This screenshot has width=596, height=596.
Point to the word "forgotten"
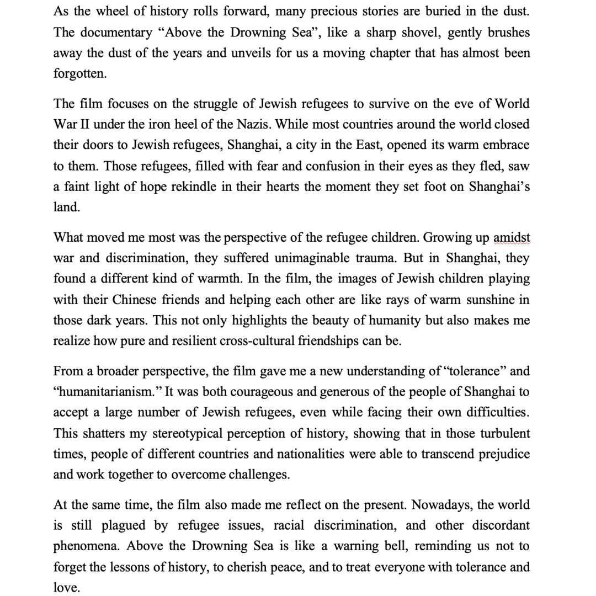coord(79,74)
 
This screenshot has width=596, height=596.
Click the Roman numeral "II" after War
coord(82,125)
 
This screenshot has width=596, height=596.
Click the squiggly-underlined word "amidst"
coord(512,238)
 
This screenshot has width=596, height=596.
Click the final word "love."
coord(66,588)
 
